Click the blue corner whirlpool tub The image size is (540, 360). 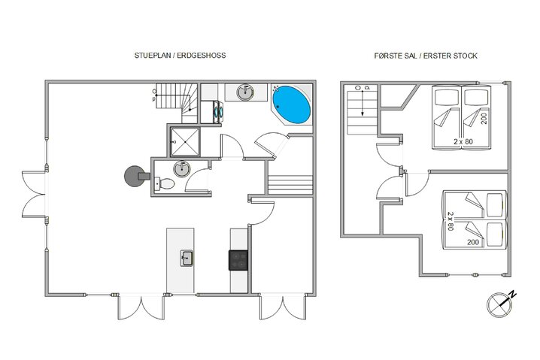[291, 105]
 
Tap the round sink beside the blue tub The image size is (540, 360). [246, 92]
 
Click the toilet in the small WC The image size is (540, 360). [166, 183]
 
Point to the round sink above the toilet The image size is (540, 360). [181, 168]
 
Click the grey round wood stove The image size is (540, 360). [134, 175]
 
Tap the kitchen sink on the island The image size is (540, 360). [186, 259]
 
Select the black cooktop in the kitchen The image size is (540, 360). [239, 259]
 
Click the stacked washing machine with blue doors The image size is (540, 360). [218, 110]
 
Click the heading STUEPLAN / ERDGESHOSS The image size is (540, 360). [179, 56]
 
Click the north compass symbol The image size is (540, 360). [497, 301]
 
